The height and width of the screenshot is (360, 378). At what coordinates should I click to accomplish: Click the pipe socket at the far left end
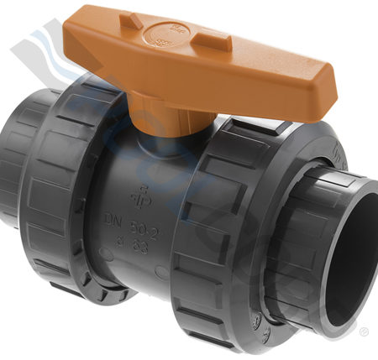click(10, 176)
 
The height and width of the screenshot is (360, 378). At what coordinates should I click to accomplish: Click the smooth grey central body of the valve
click(134, 168)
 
